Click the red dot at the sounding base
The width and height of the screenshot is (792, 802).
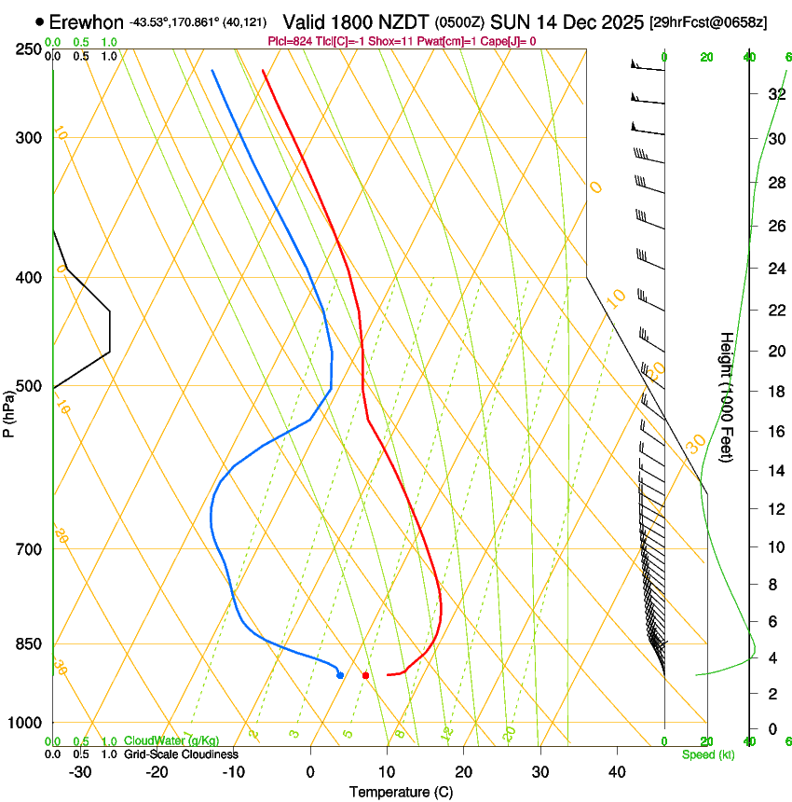click(365, 675)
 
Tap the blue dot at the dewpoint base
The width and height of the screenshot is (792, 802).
click(340, 675)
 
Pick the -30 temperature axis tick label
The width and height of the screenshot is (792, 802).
click(80, 772)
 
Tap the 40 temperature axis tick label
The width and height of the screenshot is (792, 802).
click(617, 772)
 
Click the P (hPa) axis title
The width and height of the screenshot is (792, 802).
click(9, 410)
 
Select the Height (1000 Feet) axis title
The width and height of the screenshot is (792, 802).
click(728, 397)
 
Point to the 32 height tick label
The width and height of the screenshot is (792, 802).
click(774, 94)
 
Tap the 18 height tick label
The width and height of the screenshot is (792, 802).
click(774, 392)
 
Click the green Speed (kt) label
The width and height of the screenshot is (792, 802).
click(707, 754)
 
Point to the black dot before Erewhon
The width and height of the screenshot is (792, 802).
click(39, 21)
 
